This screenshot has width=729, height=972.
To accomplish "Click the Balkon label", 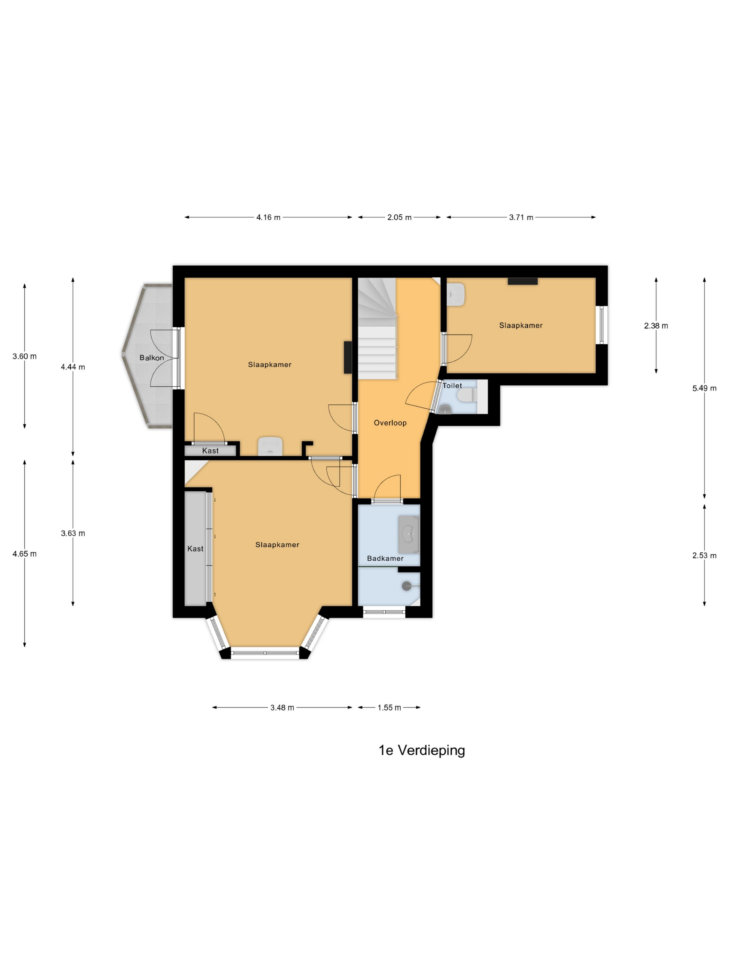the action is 152,358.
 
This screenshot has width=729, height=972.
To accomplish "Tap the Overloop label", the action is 390,423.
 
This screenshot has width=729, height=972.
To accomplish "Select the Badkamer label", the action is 385,558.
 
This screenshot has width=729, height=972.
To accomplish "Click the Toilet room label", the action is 452,385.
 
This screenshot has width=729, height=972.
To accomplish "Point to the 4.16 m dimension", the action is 268,217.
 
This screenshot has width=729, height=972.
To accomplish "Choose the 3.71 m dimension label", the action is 521,217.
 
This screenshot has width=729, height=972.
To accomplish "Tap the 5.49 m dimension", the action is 704,388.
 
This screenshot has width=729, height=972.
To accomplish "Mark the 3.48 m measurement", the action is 282,707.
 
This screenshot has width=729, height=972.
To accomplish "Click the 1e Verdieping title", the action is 422,750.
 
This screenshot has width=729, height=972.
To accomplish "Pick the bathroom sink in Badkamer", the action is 409,534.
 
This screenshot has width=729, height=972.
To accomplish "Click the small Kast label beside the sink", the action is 210,450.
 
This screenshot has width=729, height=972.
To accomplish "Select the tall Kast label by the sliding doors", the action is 195,548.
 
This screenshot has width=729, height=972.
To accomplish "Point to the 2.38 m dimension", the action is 656,326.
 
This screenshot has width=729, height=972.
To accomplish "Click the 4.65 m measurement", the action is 25,554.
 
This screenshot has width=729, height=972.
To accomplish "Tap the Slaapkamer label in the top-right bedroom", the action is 521,325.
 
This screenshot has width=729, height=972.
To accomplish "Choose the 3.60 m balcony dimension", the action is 25,357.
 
